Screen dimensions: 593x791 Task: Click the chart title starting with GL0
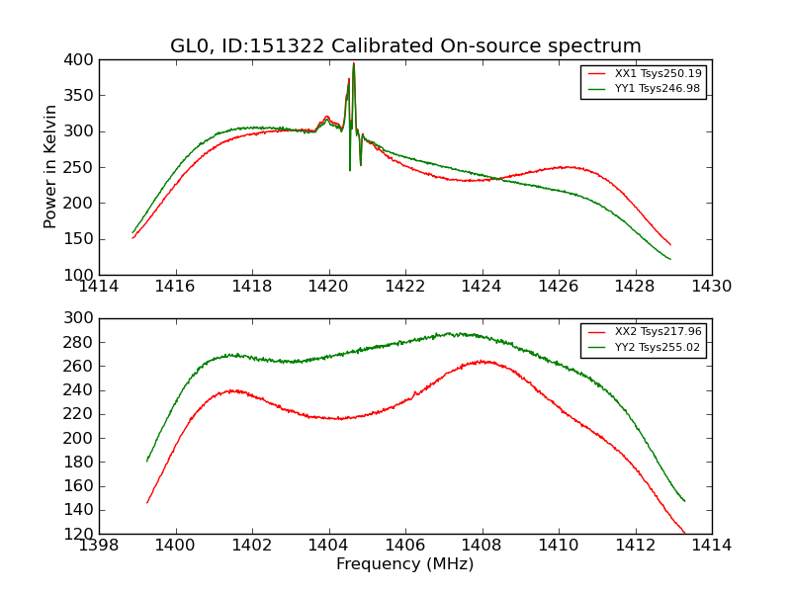click(x=405, y=46)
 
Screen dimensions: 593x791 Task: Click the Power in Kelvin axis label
click(x=51, y=167)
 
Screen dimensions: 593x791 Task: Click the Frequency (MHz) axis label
click(x=405, y=564)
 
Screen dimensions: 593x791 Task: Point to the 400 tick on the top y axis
click(x=81, y=60)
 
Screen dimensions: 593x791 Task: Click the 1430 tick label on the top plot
click(x=711, y=287)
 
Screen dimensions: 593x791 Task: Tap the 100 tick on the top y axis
click(x=81, y=275)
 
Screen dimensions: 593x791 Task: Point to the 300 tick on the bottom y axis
click(x=81, y=318)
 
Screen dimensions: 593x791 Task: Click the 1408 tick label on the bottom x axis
click(x=483, y=546)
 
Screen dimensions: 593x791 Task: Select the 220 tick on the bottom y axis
click(x=81, y=414)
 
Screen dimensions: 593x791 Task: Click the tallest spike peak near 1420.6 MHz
click(x=354, y=64)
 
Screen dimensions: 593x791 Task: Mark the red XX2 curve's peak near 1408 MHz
click(x=482, y=361)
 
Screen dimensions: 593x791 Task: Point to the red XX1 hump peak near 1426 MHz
click(x=564, y=167)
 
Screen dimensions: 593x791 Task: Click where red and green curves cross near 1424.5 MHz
click(x=499, y=179)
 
